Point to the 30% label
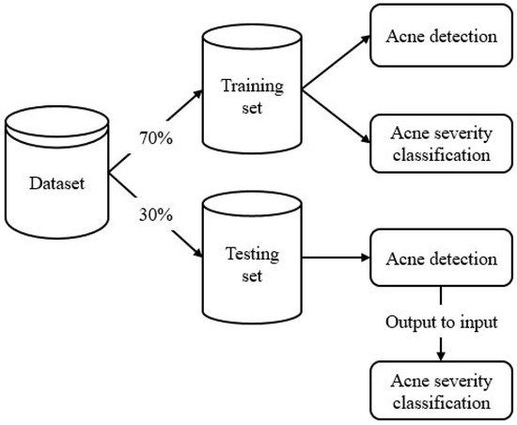click(155, 214)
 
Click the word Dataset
click(55, 183)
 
